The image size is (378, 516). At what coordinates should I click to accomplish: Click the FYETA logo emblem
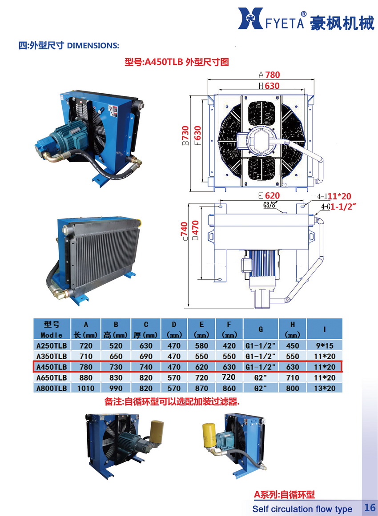click(250, 19)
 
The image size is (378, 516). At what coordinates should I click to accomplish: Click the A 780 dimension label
click(269, 75)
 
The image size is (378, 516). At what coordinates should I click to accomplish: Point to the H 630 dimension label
click(269, 86)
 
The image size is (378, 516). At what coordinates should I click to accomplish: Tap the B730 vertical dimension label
click(185, 135)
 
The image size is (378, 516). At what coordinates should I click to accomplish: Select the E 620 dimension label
click(269, 196)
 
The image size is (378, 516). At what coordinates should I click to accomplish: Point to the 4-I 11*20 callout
click(334, 196)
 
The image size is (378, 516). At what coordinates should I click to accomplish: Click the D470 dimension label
click(195, 230)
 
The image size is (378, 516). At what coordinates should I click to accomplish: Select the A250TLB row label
click(52, 346)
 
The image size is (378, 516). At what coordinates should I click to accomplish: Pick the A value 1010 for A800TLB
click(86, 388)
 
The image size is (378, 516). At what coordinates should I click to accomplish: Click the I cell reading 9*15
click(325, 346)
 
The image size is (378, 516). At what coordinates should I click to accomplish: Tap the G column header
click(261, 329)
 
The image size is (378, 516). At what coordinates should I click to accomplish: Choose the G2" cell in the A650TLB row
click(260, 378)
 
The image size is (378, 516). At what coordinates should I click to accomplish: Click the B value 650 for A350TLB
click(116, 357)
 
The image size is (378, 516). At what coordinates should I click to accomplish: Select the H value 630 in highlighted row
click(293, 367)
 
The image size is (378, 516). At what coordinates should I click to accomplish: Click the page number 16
click(370, 507)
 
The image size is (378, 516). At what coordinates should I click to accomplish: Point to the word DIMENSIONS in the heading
click(93, 45)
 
